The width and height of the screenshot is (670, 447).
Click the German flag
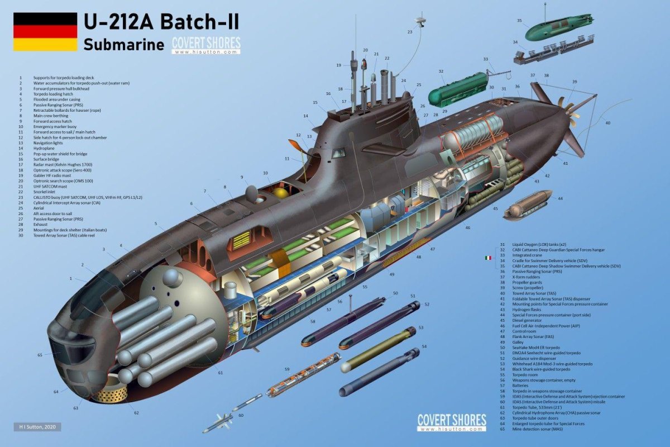[x=45, y=31]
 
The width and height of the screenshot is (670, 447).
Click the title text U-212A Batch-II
[x=161, y=22]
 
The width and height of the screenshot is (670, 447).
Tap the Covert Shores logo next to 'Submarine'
[x=206, y=45]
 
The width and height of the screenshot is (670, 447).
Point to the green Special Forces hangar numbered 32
[x=457, y=90]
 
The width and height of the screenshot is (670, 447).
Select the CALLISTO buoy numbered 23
[x=420, y=21]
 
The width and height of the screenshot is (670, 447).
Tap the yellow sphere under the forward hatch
[x=279, y=192]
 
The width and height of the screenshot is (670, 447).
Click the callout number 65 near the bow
[x=40, y=355]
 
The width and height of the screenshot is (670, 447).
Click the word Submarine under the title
[x=124, y=45]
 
